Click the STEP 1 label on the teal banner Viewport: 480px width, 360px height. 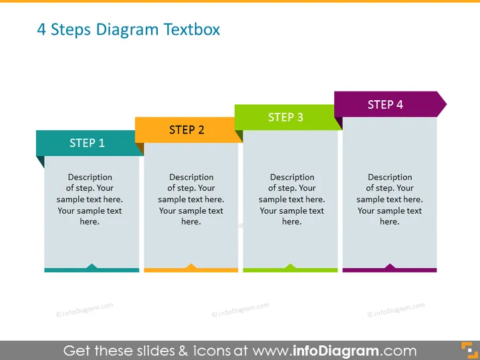click(x=87, y=143)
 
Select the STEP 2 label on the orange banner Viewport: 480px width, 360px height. click(x=187, y=130)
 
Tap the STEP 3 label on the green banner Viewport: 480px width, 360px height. click(x=285, y=117)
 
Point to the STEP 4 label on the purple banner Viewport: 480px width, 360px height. click(x=385, y=105)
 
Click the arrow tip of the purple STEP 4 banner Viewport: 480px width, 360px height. click(x=447, y=104)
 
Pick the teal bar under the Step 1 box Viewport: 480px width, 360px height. click(x=92, y=270)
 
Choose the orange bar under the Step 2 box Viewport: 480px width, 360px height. click(x=191, y=270)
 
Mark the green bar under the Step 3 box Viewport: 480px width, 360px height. click(x=290, y=270)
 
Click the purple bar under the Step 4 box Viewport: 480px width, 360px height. click(x=389, y=270)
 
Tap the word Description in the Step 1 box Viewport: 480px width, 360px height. click(x=90, y=177)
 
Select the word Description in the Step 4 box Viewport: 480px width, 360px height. click(x=390, y=177)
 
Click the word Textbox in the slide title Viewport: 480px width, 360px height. click(x=192, y=29)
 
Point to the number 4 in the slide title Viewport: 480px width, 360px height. click(x=41, y=29)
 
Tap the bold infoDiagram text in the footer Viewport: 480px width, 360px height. click(x=336, y=351)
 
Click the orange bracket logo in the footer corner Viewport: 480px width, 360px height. click(x=469, y=350)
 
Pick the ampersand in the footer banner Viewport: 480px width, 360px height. click(x=183, y=351)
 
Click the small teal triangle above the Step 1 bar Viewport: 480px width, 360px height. click(x=92, y=266)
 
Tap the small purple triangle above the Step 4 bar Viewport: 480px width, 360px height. click(x=390, y=266)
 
